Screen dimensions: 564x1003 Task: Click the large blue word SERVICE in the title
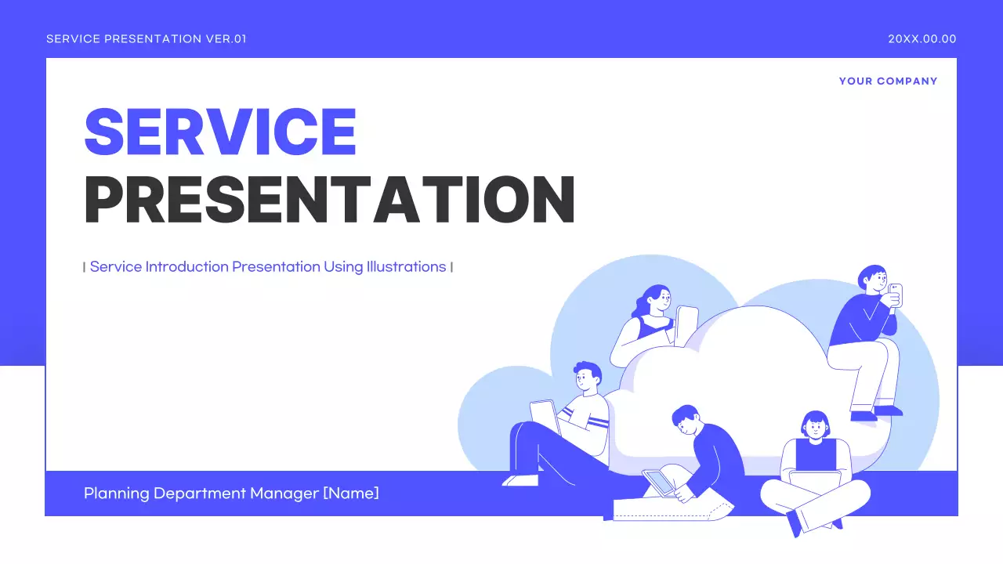[x=220, y=132]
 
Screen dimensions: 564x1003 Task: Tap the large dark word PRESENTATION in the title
[x=329, y=201]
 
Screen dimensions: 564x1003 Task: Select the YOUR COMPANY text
[x=888, y=81]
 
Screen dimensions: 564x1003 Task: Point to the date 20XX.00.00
[x=922, y=39]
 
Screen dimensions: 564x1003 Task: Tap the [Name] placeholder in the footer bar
[x=351, y=493]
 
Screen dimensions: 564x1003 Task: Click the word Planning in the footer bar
[x=116, y=493]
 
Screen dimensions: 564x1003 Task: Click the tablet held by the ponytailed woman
[x=686, y=324]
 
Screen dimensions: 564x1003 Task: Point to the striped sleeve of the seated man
[x=596, y=423]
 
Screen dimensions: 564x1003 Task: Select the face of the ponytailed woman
[x=663, y=299]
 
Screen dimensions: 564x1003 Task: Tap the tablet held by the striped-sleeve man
[x=544, y=417]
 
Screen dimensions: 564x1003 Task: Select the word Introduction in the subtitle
[x=186, y=267]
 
